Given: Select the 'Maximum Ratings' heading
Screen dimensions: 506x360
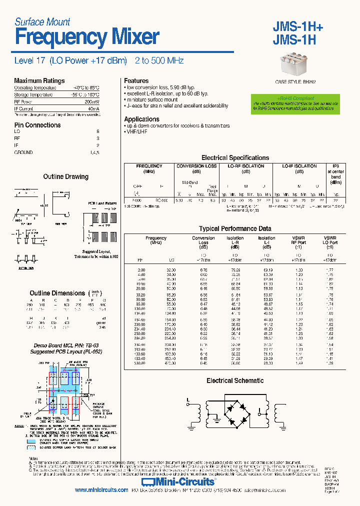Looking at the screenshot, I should pyautogui.click(x=39, y=81).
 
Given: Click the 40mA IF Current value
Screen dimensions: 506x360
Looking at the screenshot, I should pyautogui.click(x=93, y=108).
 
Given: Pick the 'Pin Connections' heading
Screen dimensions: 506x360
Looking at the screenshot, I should pyautogui.click(x=37, y=125).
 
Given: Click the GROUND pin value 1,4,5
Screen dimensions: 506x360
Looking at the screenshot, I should pyautogui.click(x=94, y=152).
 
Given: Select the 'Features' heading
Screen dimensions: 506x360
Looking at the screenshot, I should pyautogui.click(x=136, y=81).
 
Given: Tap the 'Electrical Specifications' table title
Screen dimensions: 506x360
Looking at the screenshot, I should pyautogui.click(x=235, y=157).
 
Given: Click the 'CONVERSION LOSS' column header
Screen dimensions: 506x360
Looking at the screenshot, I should pyautogui.click(x=197, y=166).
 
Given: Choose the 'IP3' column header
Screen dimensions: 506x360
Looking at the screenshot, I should pyautogui.click(x=335, y=166).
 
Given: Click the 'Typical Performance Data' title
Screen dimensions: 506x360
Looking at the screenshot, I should pyautogui.click(x=235, y=228).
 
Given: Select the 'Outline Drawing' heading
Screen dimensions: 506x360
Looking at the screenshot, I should pyautogui.click(x=65, y=177).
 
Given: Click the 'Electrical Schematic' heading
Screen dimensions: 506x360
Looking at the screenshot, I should pyautogui.click(x=235, y=380).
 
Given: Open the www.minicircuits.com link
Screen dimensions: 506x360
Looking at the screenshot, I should pyautogui.click(x=101, y=490).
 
